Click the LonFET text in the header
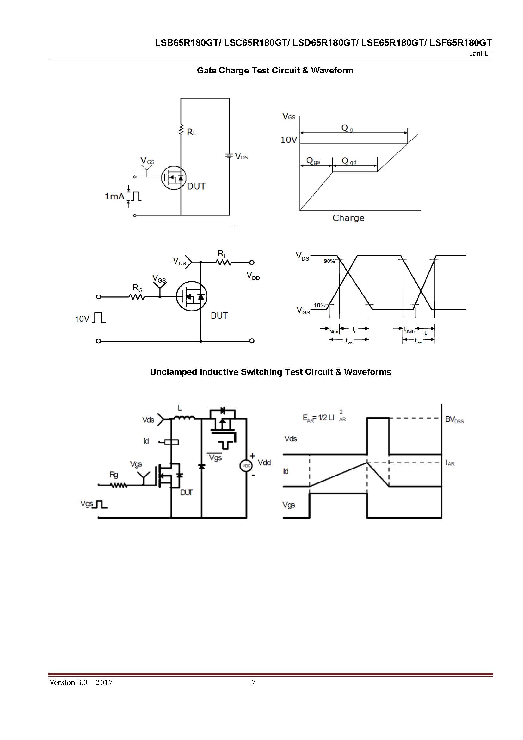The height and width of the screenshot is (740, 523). click(480, 53)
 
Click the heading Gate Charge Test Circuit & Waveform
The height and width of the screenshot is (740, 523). click(275, 71)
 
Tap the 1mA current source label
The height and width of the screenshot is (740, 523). click(114, 196)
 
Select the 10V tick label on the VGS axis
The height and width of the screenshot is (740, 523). click(288, 140)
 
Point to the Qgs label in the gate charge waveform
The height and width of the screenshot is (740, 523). click(313, 160)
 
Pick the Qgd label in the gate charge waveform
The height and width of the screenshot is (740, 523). click(349, 161)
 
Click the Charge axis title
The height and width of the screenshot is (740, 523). click(348, 218)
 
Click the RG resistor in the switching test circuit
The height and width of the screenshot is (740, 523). click(137, 297)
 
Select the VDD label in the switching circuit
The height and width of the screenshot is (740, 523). click(253, 276)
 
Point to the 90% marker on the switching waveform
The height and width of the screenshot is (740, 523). click(329, 261)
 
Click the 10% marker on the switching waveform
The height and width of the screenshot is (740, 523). click(319, 305)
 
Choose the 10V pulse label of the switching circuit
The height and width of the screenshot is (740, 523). click(82, 319)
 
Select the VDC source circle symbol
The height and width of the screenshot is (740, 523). click(246, 466)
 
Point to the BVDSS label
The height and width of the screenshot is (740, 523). click(454, 420)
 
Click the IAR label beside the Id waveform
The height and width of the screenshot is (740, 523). click(450, 463)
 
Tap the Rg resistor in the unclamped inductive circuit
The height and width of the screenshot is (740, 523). click(119, 484)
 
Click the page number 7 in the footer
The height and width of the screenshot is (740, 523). click(254, 682)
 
